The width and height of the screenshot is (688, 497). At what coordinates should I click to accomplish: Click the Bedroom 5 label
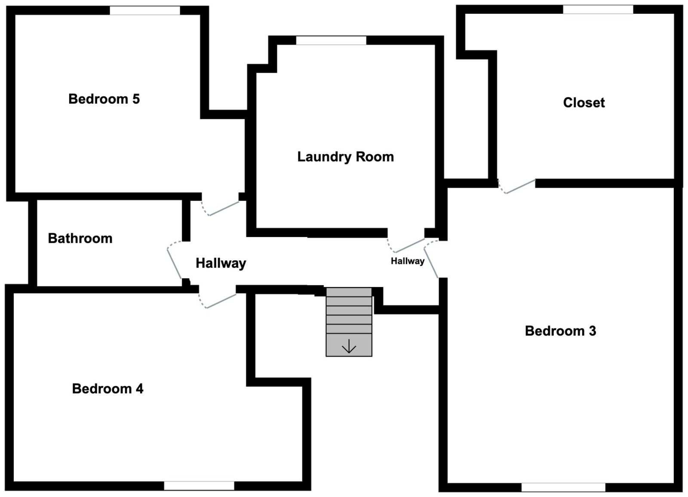(104, 99)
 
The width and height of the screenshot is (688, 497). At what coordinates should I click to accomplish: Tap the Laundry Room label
(345, 157)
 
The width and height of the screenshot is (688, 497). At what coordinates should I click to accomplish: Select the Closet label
(584, 102)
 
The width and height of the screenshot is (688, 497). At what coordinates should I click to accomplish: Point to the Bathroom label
(80, 238)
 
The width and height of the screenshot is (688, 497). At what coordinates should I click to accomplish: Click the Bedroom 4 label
(107, 389)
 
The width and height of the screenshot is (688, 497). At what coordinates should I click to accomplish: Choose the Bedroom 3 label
(560, 331)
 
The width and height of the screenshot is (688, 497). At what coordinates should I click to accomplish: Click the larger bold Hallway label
(221, 263)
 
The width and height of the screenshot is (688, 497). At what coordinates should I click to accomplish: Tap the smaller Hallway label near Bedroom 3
(407, 261)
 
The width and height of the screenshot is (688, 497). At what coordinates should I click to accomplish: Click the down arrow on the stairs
(349, 346)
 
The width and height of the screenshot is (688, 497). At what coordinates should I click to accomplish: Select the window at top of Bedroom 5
(145, 11)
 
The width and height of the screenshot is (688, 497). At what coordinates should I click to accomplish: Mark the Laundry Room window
(331, 40)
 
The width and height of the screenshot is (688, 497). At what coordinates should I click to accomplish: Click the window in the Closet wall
(598, 9)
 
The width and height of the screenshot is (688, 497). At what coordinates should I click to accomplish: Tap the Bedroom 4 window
(199, 485)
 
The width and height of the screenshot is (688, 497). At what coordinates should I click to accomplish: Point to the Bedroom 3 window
(563, 487)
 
